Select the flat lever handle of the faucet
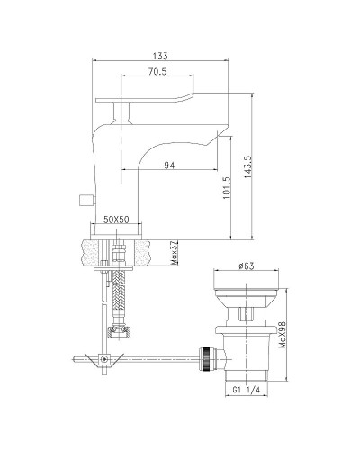pyautogui.click(x=148, y=98)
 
